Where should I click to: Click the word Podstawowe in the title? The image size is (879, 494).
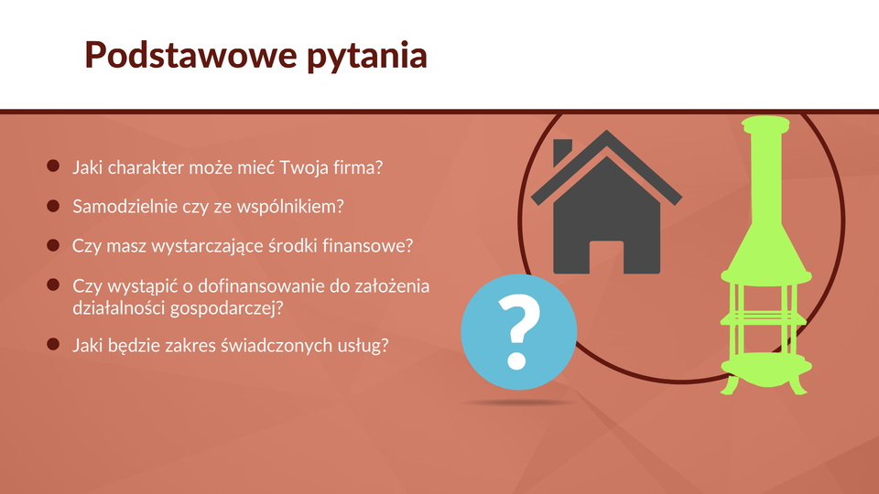[x=190, y=55]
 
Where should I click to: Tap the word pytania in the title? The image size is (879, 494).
[x=367, y=57]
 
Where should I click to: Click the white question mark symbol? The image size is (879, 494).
[x=518, y=332]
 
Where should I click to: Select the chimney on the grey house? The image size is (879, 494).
[x=561, y=152]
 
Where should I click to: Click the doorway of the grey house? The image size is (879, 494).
[x=606, y=257]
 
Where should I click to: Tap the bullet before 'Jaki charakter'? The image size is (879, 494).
[x=53, y=166]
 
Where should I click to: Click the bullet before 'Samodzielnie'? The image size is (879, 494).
[x=53, y=206]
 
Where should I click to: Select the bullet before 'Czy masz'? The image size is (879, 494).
[x=53, y=245]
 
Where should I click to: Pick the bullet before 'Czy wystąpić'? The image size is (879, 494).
[x=53, y=285]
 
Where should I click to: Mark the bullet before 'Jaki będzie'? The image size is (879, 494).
[x=53, y=344]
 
